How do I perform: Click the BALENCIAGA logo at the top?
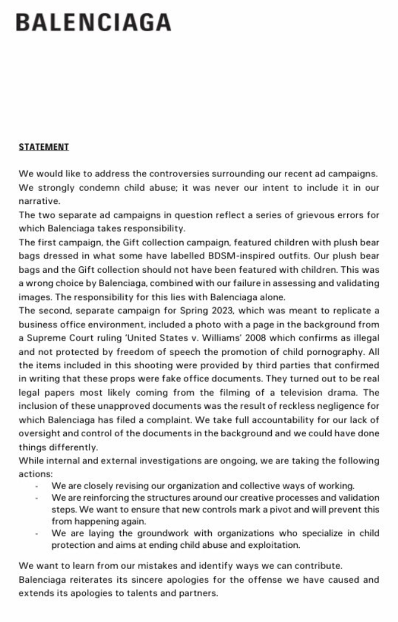tap(93, 22)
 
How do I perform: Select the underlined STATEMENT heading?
tap(44, 147)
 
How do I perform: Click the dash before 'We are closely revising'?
tap(37, 486)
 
